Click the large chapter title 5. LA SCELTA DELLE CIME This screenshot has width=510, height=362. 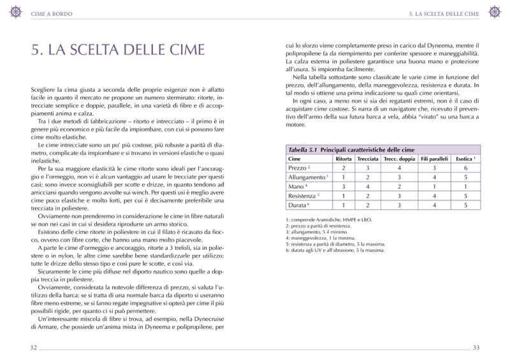[118, 50]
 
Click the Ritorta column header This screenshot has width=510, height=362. [344, 158]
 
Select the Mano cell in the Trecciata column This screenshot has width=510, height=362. [368, 187]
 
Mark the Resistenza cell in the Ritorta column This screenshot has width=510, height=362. [343, 196]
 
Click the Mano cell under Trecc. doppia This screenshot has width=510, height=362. [399, 187]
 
